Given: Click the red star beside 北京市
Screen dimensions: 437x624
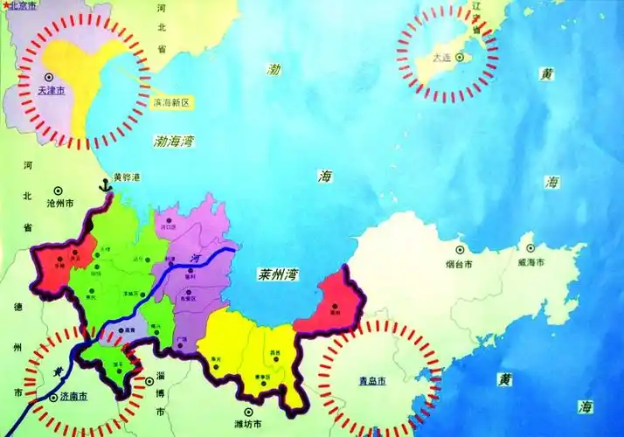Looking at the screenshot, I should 4,5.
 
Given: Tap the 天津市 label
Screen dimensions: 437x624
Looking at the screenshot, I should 49,90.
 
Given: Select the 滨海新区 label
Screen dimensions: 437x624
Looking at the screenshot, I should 170,102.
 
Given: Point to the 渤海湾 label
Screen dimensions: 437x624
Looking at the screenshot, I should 176,139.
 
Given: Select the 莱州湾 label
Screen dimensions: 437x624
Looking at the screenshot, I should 279,274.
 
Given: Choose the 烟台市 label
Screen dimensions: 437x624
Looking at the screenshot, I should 458,263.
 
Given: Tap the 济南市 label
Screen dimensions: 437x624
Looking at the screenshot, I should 73,396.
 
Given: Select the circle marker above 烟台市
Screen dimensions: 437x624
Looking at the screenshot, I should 458,250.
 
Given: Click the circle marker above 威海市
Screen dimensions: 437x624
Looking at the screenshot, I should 530,250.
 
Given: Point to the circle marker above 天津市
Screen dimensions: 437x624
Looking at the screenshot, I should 49,77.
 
